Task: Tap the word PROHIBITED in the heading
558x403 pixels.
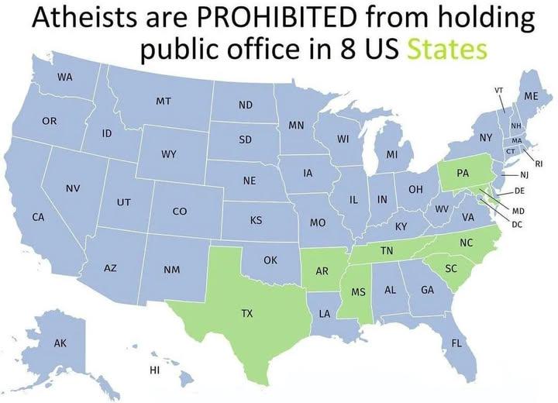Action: [x=277, y=17]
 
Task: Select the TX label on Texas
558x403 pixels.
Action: [x=246, y=314]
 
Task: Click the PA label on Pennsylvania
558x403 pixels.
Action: [x=462, y=173]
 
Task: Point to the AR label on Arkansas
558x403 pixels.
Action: [x=322, y=272]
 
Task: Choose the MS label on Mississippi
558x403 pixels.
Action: [x=358, y=293]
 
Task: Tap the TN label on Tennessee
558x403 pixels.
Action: [x=386, y=251]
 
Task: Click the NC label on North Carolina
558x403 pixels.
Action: [x=466, y=243]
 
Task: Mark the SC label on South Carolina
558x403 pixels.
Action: [x=451, y=268]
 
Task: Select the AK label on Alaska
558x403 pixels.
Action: [x=60, y=343]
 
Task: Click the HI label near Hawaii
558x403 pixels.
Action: [x=154, y=370]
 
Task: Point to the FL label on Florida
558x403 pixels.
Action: [x=456, y=343]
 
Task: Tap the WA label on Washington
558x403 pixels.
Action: [x=64, y=77]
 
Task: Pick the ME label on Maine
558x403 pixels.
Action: [x=531, y=96]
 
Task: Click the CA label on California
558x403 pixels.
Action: [x=37, y=217]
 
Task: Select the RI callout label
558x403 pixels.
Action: [x=539, y=163]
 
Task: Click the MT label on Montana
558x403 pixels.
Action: [x=164, y=102]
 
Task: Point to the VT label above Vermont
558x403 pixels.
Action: [x=500, y=90]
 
